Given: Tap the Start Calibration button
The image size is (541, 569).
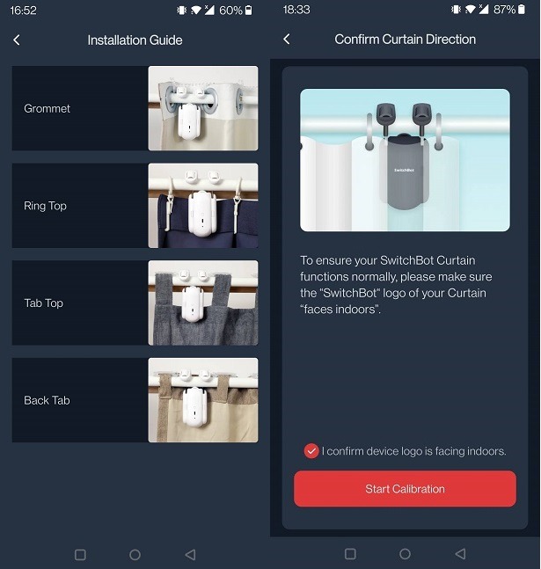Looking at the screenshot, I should coord(405,489).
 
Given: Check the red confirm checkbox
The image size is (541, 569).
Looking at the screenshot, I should coord(311,451).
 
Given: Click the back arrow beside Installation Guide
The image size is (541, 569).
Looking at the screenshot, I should coord(17,40).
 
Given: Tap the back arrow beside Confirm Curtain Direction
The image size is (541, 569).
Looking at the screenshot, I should coord(287,40).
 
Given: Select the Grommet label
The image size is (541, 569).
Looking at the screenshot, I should coord(47,109).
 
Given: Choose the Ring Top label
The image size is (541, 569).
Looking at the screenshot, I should coord(45,206).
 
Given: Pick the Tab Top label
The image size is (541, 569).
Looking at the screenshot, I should coord(43,303).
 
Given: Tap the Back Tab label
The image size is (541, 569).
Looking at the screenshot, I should coord(47,400).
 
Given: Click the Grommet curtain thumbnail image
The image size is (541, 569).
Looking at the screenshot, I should coord(203,108).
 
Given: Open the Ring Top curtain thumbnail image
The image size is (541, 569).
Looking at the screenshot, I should coord(203,206).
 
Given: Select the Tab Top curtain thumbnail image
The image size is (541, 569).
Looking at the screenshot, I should coord(203,303).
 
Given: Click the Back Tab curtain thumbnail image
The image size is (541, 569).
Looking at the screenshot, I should coord(203,400).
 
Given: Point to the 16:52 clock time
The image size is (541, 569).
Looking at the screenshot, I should coord(23,11).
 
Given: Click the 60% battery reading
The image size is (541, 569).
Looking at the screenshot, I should coord(230,11).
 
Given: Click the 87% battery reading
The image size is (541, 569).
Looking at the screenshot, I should coord(504,11).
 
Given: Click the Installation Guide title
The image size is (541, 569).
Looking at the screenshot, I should coord(135,40).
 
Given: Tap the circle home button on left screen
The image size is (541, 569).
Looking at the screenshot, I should coord(135,555).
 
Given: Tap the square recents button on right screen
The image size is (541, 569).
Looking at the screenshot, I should coord(350,554).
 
